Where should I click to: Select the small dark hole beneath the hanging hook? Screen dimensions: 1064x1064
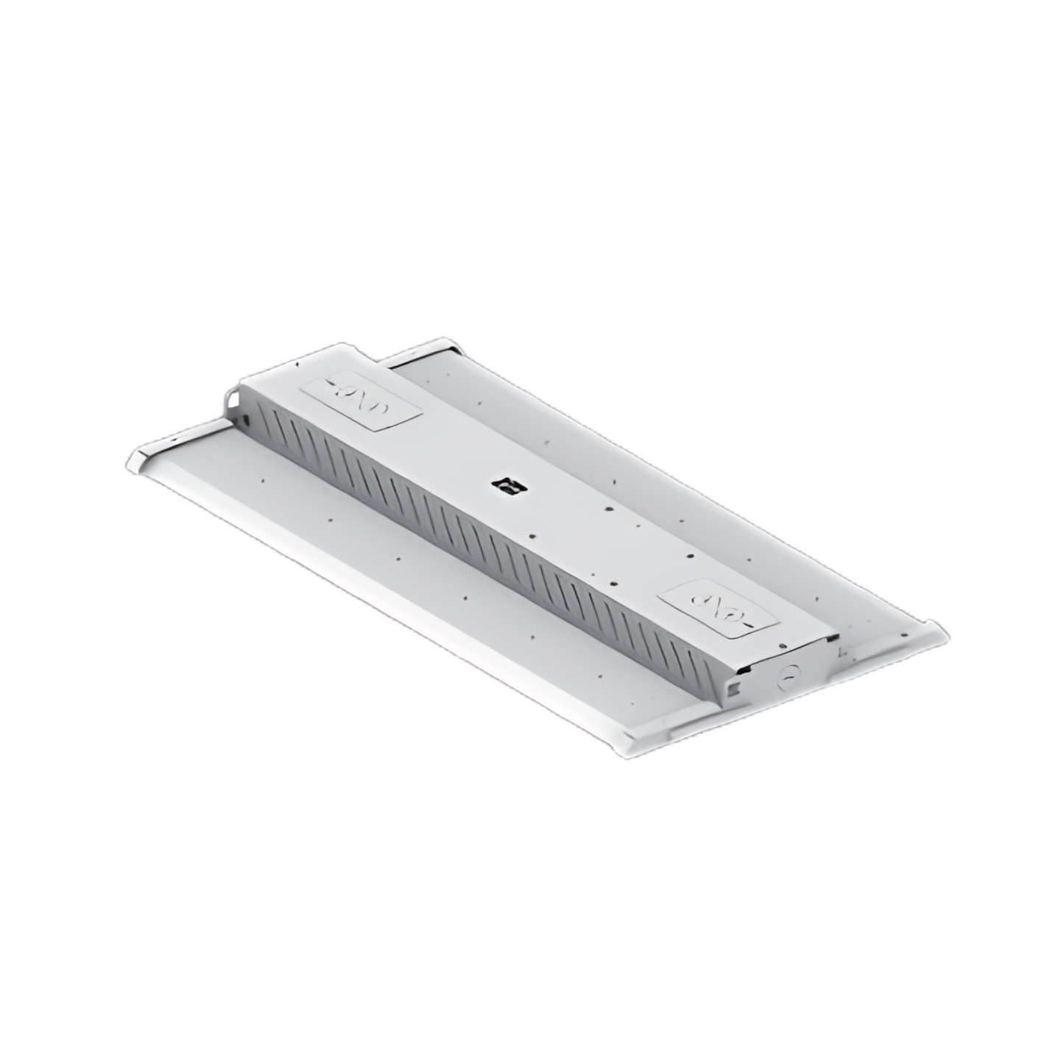247,420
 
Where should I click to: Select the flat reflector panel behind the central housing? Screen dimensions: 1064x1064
663,479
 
